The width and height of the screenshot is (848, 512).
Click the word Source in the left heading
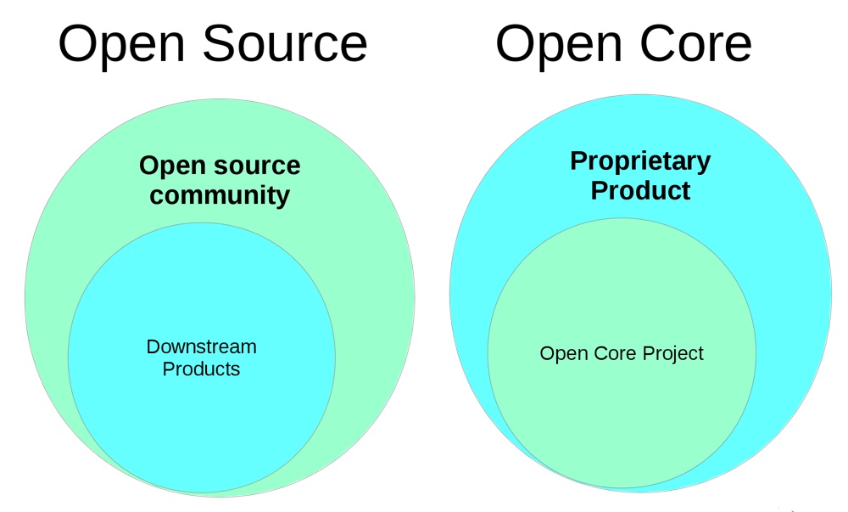tap(285, 43)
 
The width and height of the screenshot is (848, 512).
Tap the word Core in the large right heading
tap(695, 43)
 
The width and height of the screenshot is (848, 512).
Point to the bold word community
tap(220, 195)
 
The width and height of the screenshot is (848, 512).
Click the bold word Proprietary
tap(640, 162)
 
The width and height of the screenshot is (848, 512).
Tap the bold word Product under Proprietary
tap(640, 190)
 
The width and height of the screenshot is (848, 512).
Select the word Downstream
tap(201, 346)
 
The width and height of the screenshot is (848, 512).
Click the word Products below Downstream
tap(201, 369)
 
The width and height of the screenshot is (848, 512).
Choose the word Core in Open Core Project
tap(615, 353)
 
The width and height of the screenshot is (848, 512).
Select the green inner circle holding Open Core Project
tap(622, 422)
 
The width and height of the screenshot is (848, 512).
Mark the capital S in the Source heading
tap(219, 44)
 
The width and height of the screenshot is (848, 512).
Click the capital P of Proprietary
tap(579, 160)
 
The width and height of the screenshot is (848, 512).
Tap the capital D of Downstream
tap(153, 346)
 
